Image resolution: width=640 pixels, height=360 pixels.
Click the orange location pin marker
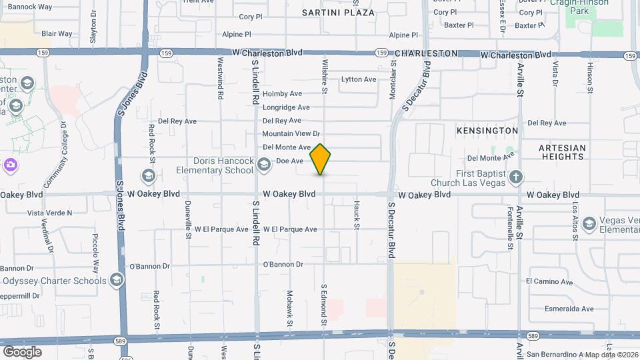tap(321, 159)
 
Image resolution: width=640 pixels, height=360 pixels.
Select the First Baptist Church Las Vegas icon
tap(515, 177)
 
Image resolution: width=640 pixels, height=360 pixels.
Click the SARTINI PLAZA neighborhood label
tap(338, 13)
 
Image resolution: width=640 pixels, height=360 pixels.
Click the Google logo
tap(22, 351)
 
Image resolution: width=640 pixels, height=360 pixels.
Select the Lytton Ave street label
tap(359, 79)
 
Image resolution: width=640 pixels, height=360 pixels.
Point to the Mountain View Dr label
tap(291, 134)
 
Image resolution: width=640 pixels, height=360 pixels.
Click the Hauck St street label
tap(357, 215)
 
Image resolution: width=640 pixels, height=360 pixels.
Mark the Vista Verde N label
tap(49, 213)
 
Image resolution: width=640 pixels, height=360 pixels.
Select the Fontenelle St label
tap(511, 229)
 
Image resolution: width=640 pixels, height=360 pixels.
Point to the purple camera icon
tap(10, 165)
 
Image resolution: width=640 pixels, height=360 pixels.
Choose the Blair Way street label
tap(57, 33)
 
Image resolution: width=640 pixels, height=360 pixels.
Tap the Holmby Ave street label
tap(282, 94)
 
